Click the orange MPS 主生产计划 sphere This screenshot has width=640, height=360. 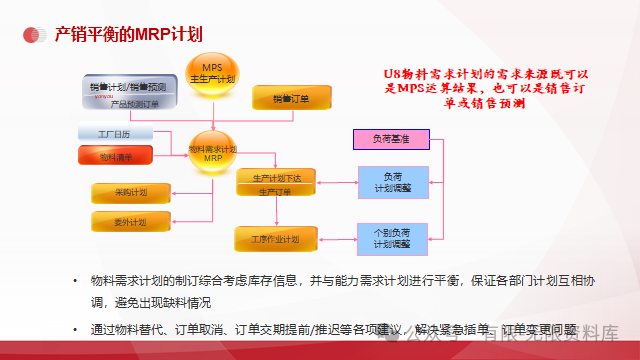tap(211, 73)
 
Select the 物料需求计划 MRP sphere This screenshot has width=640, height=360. tap(212, 153)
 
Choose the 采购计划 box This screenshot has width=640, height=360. tap(130, 192)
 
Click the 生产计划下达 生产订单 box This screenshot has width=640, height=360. tap(275, 183)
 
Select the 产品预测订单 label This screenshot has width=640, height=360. tap(132, 104)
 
